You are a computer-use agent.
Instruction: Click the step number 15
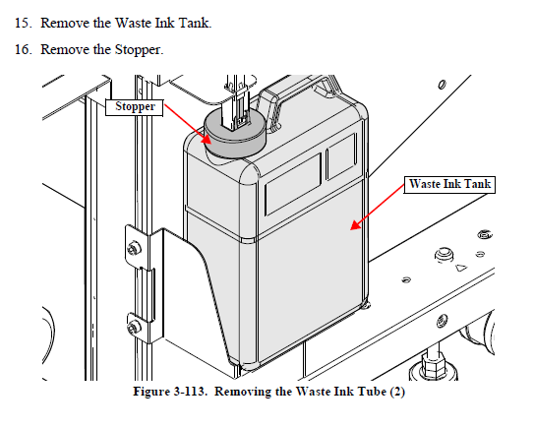(x=24, y=24)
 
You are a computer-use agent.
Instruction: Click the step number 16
(x=24, y=50)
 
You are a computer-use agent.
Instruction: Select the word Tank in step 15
(x=195, y=24)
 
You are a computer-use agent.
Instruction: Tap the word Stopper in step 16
(x=139, y=50)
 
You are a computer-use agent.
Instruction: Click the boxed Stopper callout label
(x=135, y=107)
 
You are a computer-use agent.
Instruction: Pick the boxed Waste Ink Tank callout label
(x=449, y=184)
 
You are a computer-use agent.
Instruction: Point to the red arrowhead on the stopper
(x=206, y=139)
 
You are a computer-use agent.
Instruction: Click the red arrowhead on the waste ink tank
(x=356, y=224)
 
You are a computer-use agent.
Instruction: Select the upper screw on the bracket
(x=134, y=248)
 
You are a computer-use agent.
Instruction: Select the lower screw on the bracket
(x=134, y=327)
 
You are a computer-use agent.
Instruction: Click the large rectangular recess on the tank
(x=293, y=184)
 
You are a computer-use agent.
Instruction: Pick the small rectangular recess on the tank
(x=341, y=156)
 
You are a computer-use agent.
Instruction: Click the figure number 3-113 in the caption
(x=189, y=392)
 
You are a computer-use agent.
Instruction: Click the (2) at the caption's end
(x=397, y=392)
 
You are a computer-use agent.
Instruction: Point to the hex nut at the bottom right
(x=433, y=362)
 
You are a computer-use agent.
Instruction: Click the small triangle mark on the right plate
(x=461, y=268)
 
